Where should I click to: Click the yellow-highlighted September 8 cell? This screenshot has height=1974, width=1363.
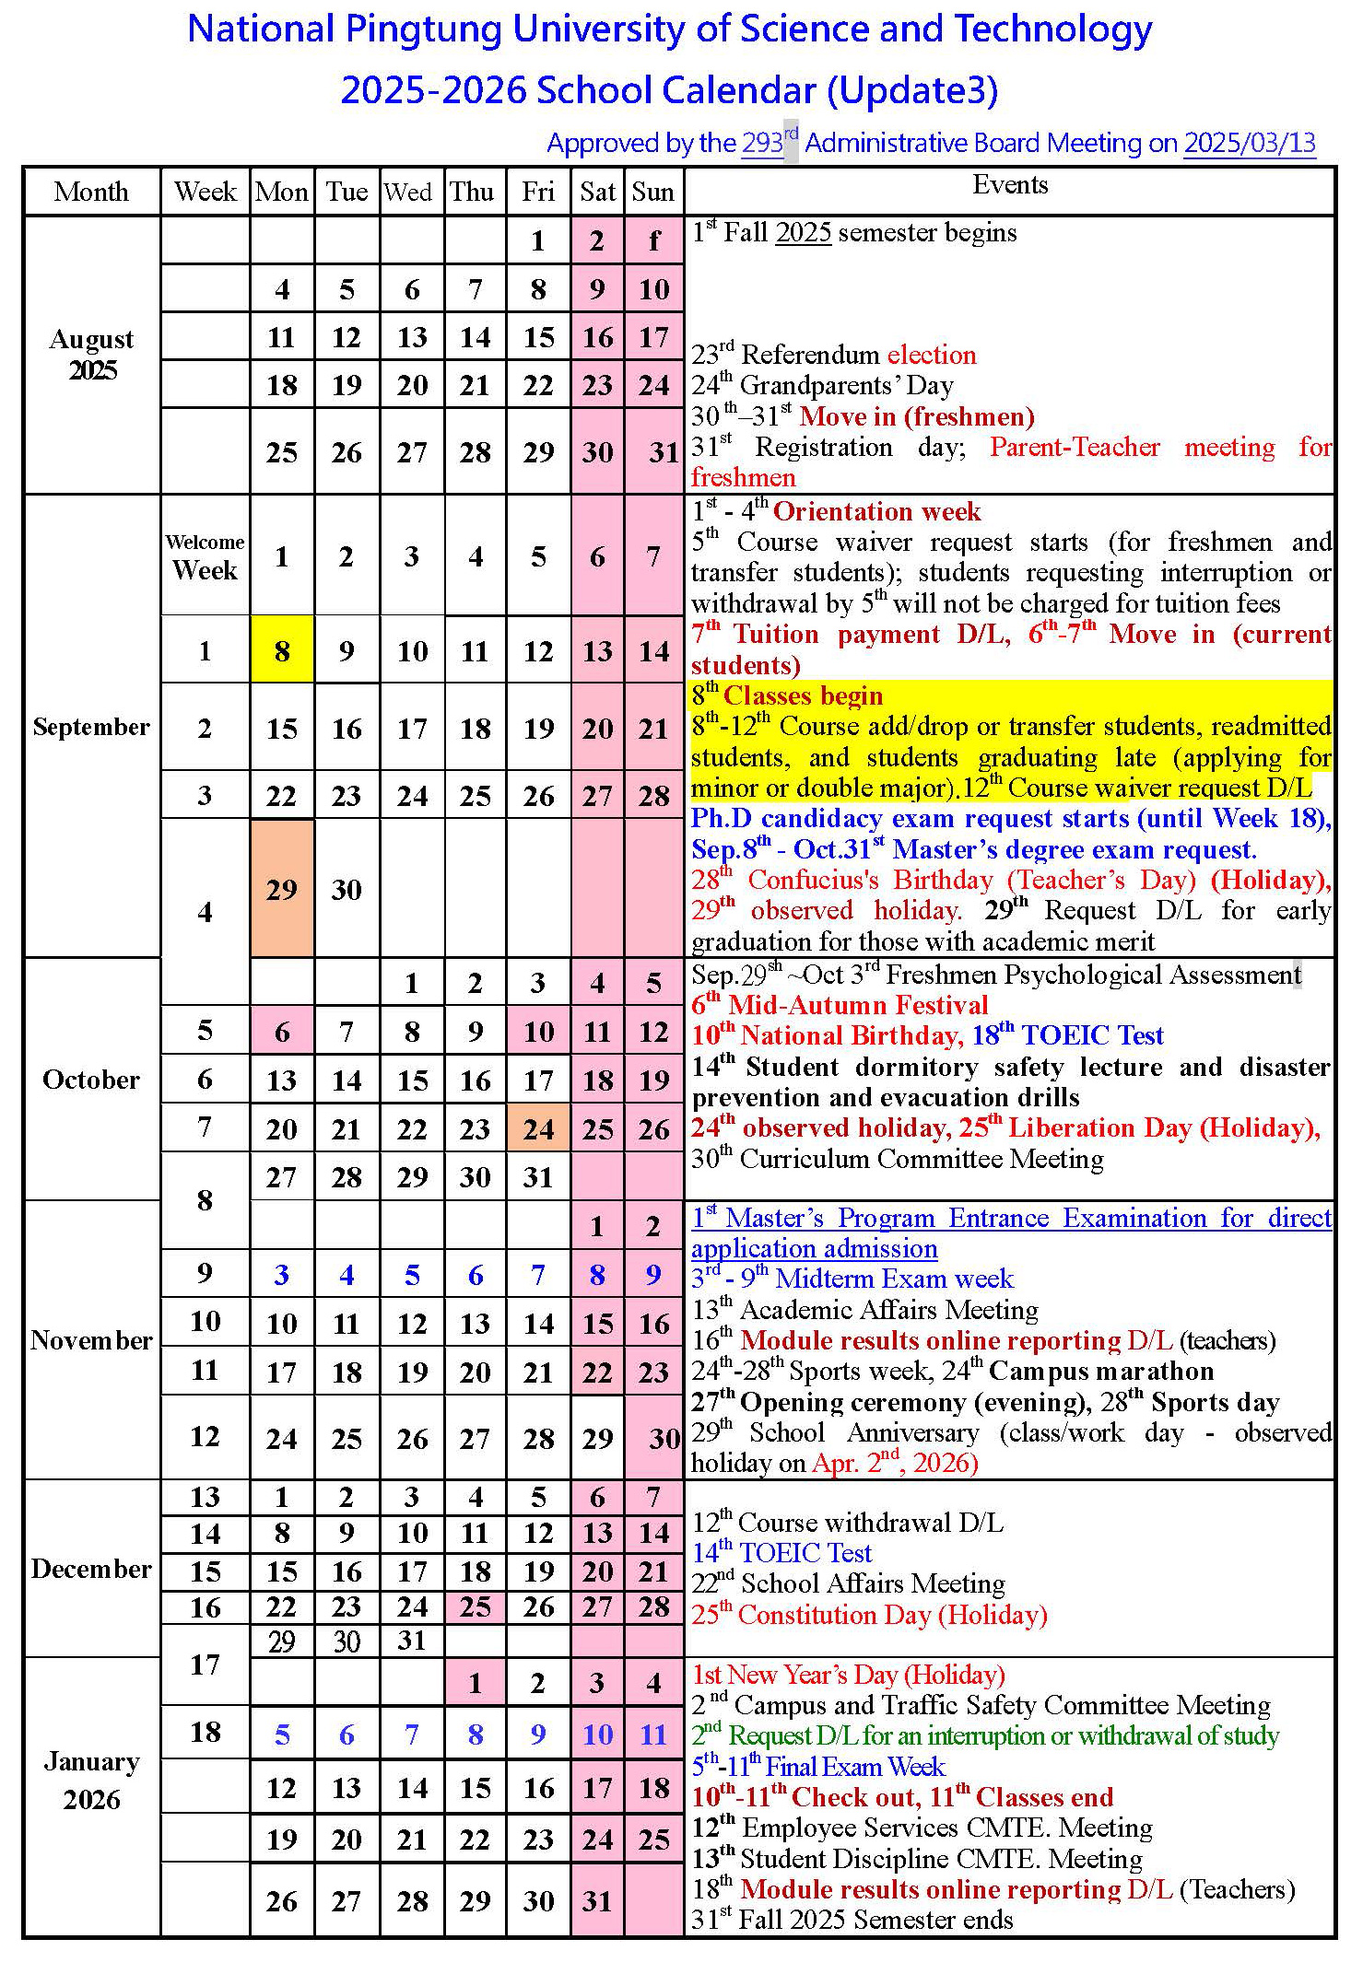(x=282, y=650)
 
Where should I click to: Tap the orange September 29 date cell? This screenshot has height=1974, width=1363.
(x=282, y=889)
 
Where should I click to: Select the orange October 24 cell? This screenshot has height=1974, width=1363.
(x=538, y=1128)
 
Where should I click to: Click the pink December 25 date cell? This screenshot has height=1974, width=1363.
(x=476, y=1607)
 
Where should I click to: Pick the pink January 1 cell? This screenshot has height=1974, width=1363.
(x=476, y=1683)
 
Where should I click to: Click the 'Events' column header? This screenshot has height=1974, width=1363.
(x=1010, y=185)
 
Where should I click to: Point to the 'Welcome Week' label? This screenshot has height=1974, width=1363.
(x=205, y=557)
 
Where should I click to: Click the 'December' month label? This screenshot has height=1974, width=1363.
(x=91, y=1569)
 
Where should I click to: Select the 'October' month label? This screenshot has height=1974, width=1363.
(x=91, y=1080)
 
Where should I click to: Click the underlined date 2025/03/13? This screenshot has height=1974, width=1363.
(x=1249, y=143)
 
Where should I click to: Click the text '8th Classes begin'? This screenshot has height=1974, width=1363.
(x=788, y=695)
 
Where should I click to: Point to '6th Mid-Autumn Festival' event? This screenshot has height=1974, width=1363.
(x=840, y=1005)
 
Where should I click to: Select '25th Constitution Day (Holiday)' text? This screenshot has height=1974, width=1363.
(x=869, y=1615)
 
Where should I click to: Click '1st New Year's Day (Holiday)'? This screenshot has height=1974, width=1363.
(x=848, y=1675)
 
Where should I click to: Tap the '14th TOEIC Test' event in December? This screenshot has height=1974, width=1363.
(x=781, y=1553)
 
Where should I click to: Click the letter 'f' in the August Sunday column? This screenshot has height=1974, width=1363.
(x=653, y=240)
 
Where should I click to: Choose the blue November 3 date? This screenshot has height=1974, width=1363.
(x=282, y=1275)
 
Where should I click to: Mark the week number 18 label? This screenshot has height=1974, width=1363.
(x=205, y=1733)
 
